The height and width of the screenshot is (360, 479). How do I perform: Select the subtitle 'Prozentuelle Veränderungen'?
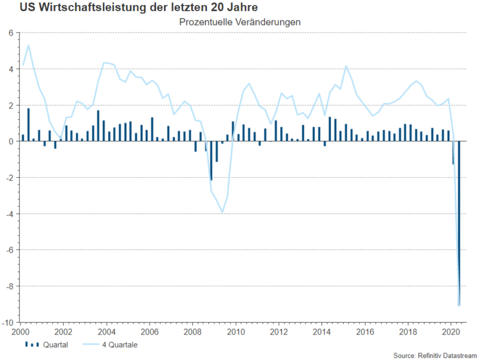[x=240, y=21]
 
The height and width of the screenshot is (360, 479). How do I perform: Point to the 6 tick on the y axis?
[x=11, y=33]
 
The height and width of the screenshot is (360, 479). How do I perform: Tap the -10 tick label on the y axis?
[x=9, y=323]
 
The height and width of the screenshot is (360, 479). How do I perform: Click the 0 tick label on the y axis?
[x=11, y=142]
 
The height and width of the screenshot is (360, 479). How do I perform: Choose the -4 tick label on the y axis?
[x=10, y=214]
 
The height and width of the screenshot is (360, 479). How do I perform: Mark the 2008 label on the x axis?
[x=192, y=332]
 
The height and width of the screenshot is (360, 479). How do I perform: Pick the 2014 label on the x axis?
[x=321, y=332]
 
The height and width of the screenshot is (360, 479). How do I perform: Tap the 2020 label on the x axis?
[x=449, y=332]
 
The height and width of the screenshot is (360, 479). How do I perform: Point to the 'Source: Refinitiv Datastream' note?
[x=435, y=355]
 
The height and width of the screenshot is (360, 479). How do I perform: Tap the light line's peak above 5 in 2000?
[x=29, y=45]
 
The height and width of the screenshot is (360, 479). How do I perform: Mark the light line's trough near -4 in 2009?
[x=223, y=212]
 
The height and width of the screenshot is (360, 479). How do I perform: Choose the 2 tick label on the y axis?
[x=11, y=105]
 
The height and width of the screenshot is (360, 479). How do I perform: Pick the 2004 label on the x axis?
[x=107, y=332]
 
